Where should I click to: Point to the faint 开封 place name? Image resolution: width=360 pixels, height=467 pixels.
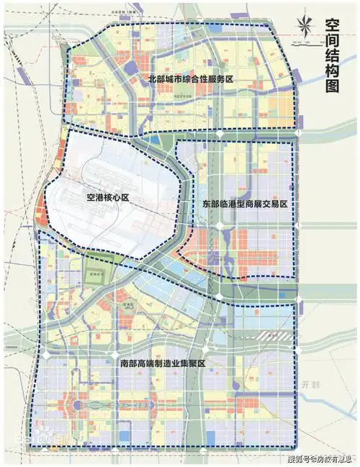pyautogui.click(x=311, y=384)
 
